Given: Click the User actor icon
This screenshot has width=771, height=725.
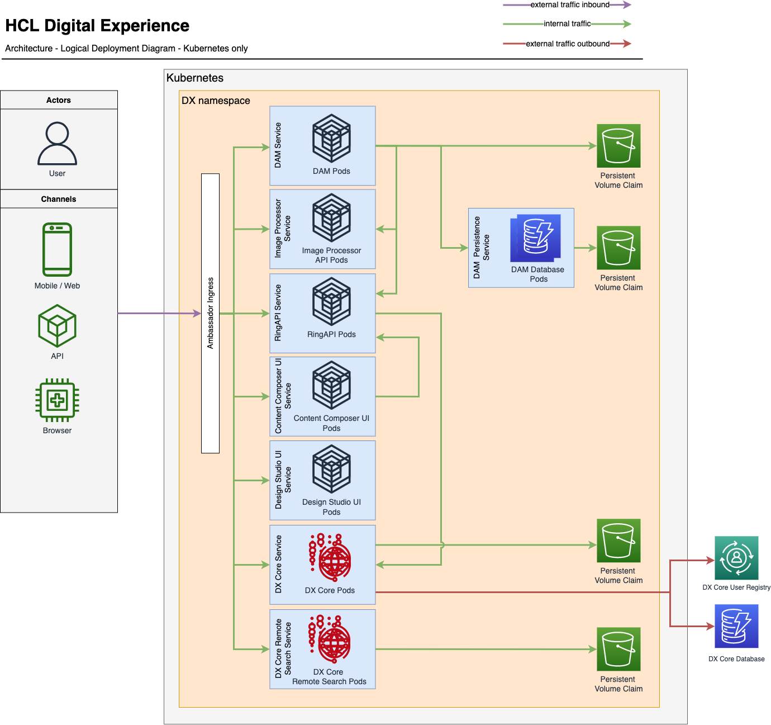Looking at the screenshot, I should pos(57,144).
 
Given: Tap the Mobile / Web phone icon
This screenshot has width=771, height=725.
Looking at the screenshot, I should pos(57,249).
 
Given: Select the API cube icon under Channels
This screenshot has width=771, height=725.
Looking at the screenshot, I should pos(57,326).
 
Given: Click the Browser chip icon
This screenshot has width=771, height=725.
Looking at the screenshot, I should pos(57,400).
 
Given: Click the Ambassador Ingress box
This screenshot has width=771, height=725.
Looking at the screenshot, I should pos(210,313).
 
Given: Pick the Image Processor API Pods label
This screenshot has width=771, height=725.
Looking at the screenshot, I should pos(331,255).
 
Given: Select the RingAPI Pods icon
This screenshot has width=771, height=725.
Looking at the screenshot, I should pos(331,302).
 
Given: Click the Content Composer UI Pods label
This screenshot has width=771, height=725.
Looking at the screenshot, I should pos(331,423).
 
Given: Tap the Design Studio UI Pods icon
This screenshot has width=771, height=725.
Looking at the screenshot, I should pos(331,469).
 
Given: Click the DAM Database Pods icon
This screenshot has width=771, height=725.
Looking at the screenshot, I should pos(535,238).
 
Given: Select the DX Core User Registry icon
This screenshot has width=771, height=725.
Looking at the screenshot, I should pos(736,558).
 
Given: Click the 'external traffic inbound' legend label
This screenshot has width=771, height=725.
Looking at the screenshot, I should pos(570,5).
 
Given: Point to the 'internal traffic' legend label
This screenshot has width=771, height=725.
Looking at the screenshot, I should pos(567,24).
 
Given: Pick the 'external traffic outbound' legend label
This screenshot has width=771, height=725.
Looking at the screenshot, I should pos(568,44).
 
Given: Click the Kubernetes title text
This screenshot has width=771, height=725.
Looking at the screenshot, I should pos(195,78).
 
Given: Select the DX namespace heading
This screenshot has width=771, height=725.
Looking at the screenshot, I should pos(216,101).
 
